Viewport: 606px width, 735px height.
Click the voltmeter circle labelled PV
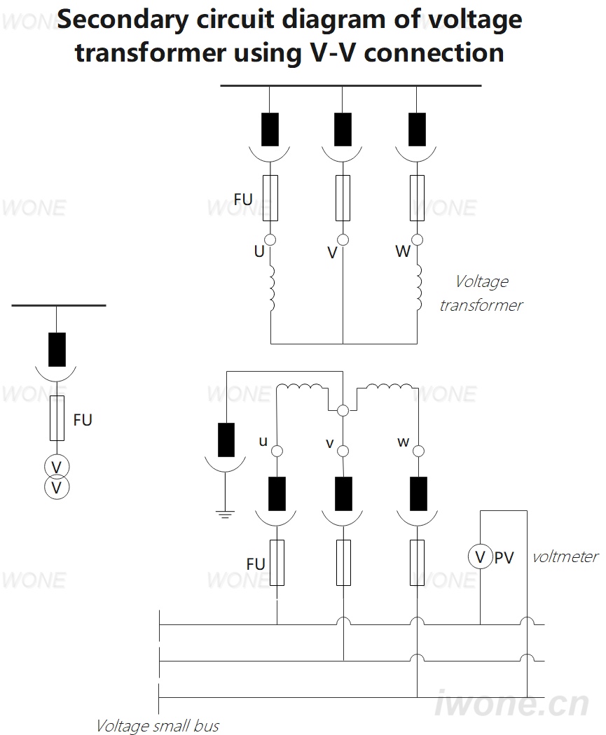click(x=480, y=557)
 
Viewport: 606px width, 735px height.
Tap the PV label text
click(x=504, y=558)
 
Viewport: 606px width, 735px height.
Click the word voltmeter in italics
click(x=565, y=556)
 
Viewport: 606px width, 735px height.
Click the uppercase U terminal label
click(x=259, y=251)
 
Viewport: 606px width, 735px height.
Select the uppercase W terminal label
click(x=403, y=251)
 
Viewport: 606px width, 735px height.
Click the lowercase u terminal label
click(x=263, y=441)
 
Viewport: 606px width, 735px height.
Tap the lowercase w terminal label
click(x=404, y=442)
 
